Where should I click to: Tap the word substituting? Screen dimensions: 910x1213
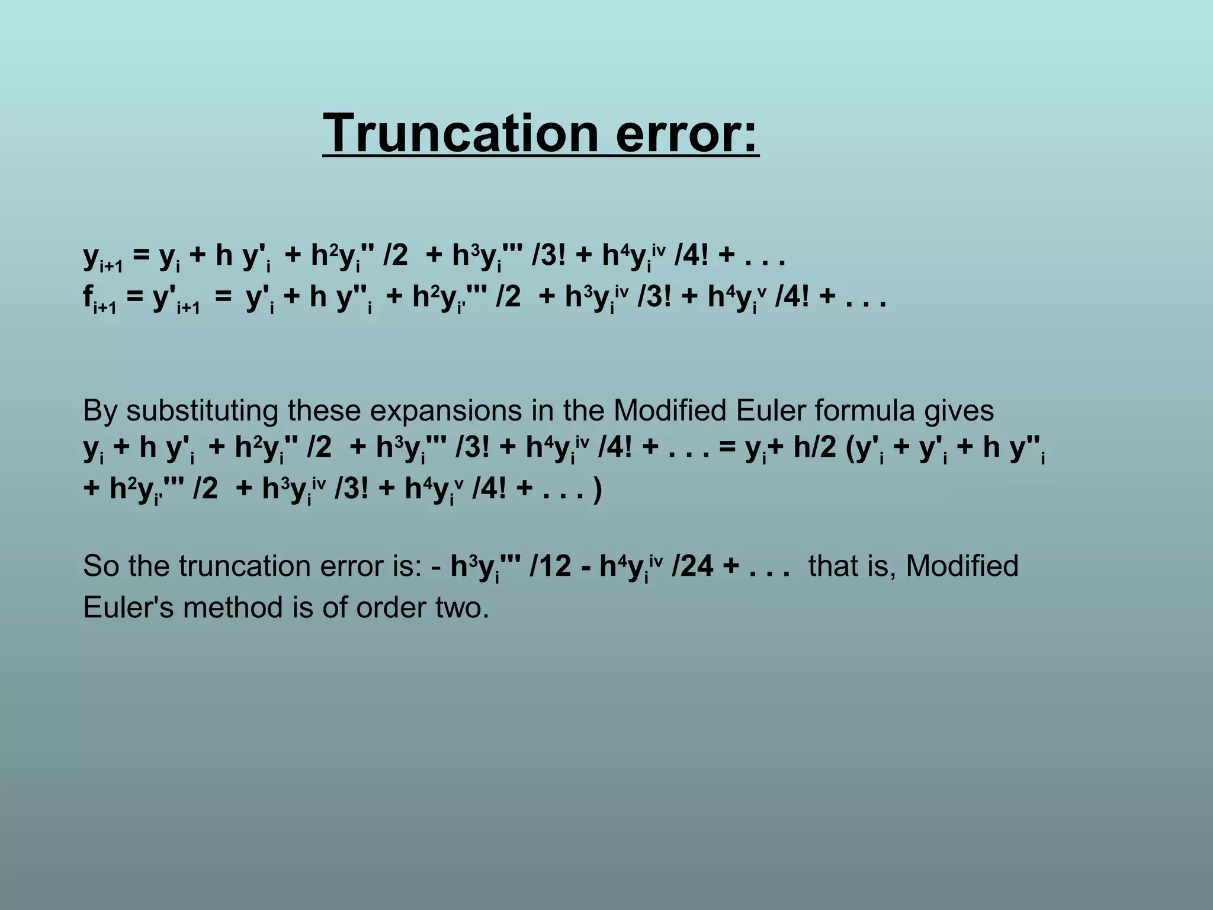201,411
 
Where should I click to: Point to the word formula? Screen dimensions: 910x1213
865,411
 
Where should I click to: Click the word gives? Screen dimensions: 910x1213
960,411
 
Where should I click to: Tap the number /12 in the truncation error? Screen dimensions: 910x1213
551,566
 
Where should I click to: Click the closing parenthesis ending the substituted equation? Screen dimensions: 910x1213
598,490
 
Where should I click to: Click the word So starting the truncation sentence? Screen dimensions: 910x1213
100,566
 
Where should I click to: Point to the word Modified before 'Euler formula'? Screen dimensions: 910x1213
670,411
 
